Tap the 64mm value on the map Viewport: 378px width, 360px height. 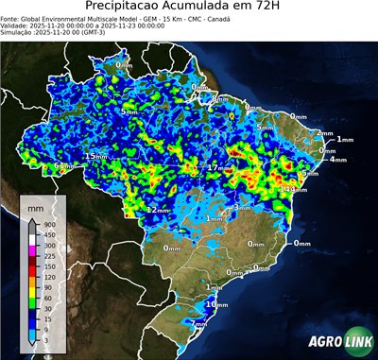point(62,166)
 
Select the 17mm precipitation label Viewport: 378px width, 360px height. point(218,167)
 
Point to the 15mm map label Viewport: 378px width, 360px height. point(95,156)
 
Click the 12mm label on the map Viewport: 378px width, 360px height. point(157,209)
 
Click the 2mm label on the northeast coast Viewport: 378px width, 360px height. point(324,133)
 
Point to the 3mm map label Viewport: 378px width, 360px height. point(242,207)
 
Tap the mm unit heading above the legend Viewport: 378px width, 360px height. point(35,205)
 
